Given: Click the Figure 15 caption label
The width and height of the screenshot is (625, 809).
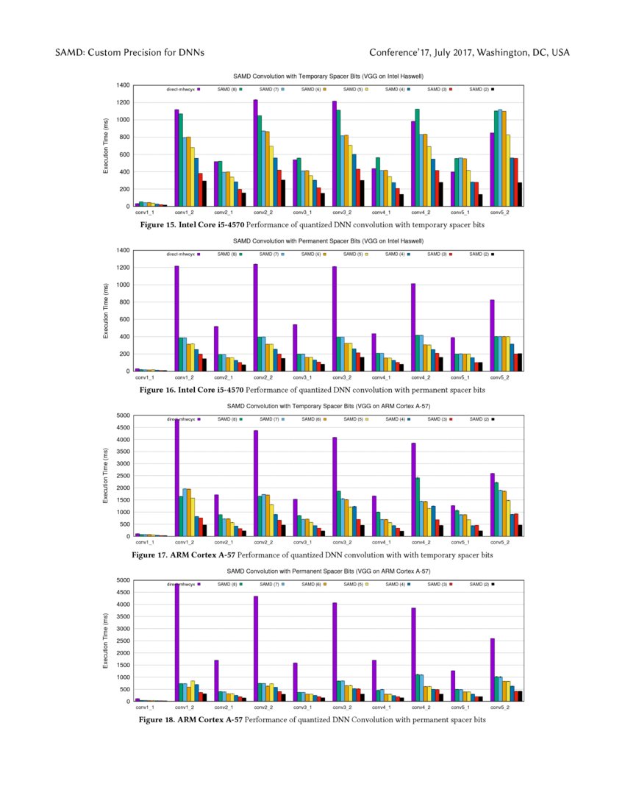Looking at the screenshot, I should [177, 224].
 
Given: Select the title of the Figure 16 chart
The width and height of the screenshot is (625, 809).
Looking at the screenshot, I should [328, 241].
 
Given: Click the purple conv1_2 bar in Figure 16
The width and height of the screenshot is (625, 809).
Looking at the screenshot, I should [176, 318].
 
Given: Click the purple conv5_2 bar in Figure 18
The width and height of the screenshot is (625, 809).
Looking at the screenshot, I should [492, 669].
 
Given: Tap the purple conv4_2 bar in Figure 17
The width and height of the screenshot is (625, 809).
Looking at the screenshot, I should [413, 489].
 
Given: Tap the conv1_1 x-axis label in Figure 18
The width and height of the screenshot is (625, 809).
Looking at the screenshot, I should [150, 707].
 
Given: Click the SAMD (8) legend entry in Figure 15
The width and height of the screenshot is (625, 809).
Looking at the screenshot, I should [227, 89].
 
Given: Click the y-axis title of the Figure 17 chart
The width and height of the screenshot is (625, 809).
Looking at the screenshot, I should [106, 476].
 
